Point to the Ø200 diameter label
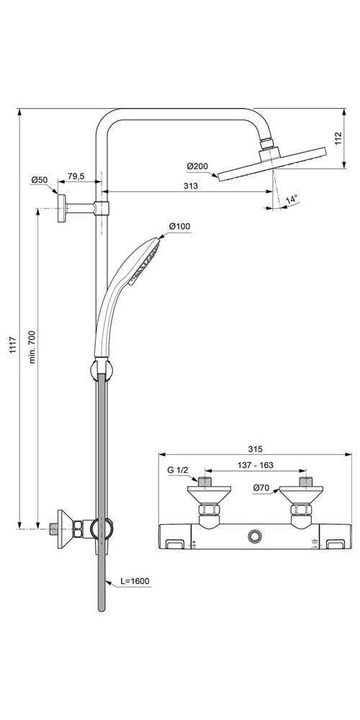(197, 167)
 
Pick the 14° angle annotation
(291, 199)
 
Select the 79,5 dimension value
(76, 176)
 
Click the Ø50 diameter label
(40, 179)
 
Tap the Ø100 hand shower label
(179, 227)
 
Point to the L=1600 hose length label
(135, 580)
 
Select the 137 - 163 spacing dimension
(256, 465)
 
